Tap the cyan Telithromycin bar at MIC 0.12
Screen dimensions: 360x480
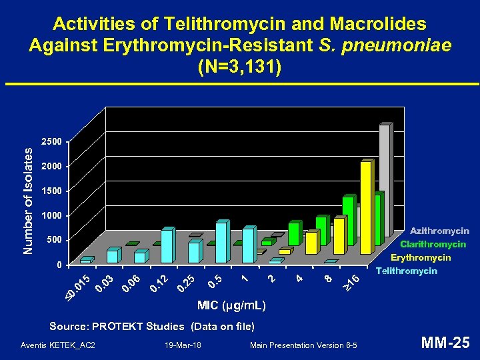point(167,246)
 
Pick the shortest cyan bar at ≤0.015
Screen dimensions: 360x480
point(85,261)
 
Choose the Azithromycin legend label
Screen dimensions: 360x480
point(439,231)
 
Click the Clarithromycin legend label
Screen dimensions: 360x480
point(433,245)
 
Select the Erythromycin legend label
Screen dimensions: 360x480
point(421,257)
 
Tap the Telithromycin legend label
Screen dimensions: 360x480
point(406,271)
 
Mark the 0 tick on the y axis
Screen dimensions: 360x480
point(59,265)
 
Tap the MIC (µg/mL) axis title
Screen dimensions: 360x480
point(231,306)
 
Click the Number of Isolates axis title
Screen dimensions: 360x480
point(28,200)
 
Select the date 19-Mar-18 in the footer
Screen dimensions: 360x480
point(182,345)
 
